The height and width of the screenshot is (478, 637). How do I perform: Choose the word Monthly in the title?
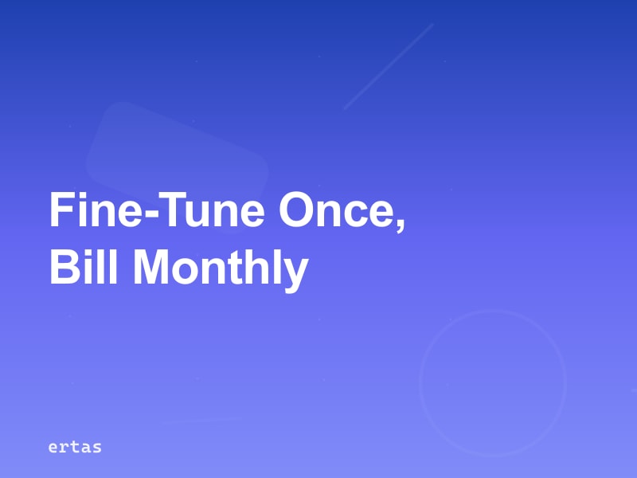click(220, 269)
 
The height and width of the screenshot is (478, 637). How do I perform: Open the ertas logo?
click(75, 447)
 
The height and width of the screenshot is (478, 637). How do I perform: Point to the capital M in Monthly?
click(152, 268)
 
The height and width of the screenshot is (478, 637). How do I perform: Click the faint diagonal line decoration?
click(388, 66)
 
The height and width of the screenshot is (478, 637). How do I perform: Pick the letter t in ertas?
click(75, 447)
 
